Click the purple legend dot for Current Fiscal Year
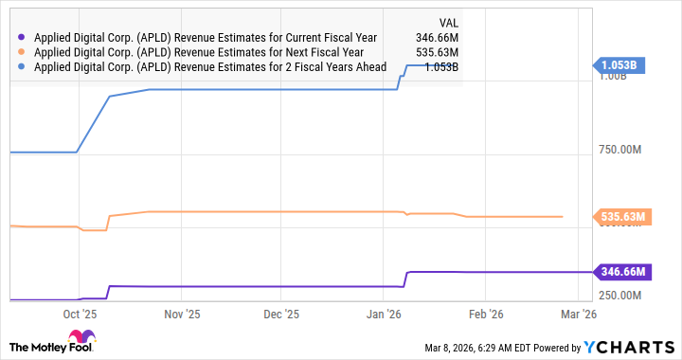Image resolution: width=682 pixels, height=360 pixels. coord(22,38)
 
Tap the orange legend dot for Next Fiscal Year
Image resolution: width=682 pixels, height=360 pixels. coord(22,53)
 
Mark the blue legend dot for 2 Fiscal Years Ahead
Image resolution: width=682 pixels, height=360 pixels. coord(22,68)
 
